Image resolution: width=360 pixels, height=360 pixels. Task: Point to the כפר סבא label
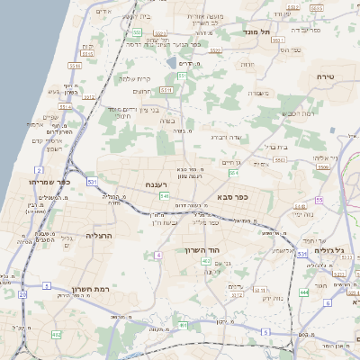[x=232, y=195]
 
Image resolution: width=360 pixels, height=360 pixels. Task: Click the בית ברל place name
[x=272, y=146]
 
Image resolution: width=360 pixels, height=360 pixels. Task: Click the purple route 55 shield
[x=319, y=200]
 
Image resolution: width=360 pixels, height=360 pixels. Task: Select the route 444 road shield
[x=304, y=292]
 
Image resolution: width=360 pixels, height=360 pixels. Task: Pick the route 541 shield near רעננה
[x=164, y=195]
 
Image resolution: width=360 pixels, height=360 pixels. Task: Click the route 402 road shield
[x=206, y=261]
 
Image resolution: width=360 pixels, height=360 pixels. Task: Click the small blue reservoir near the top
[x=171, y=62]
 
